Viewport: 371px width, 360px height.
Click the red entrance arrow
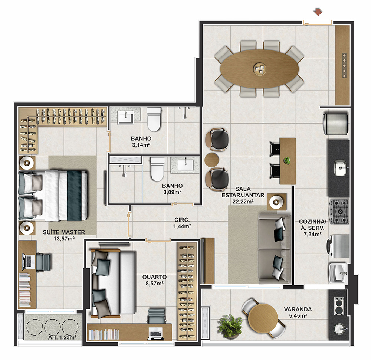point(318,12)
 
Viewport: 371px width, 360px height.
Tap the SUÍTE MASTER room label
point(64,232)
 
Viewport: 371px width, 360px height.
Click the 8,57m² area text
point(155,283)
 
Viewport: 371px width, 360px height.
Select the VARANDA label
point(298,310)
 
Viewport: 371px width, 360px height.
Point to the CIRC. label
point(182,220)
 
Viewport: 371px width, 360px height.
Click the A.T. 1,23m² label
point(62,337)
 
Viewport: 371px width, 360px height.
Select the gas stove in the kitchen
point(339,212)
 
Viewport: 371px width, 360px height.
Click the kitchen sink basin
point(340,168)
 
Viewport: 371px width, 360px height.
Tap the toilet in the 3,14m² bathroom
point(154,119)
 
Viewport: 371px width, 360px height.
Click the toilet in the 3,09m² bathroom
point(157,169)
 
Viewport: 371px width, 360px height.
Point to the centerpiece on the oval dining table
point(260,69)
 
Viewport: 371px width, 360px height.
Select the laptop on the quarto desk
point(155,334)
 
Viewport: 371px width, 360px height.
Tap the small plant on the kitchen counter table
point(287,161)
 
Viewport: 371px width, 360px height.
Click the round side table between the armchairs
point(212,160)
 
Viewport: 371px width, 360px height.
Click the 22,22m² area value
point(243,202)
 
